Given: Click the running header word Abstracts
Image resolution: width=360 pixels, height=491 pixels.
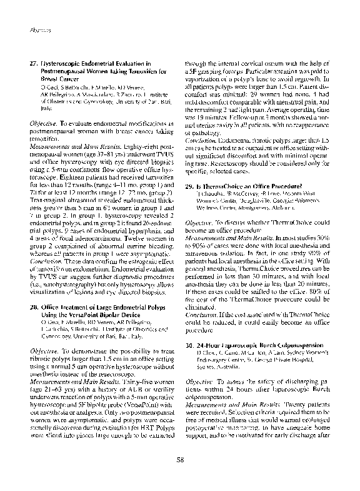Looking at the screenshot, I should tap(31, 29).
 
